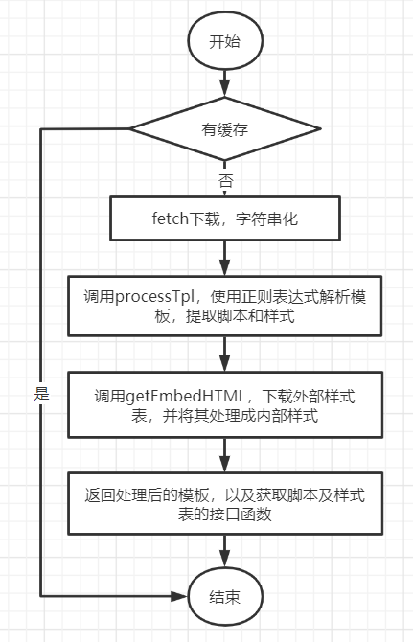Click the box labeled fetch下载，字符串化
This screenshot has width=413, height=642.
225,219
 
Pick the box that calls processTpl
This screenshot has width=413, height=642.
225,307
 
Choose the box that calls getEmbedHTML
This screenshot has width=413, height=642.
225,405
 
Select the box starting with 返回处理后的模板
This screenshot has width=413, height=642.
225,503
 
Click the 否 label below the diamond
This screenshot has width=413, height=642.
225,179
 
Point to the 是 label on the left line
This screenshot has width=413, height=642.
41,393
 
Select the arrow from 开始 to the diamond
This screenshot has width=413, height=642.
225,82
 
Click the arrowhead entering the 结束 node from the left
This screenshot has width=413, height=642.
179,595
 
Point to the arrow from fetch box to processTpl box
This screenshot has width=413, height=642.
225,259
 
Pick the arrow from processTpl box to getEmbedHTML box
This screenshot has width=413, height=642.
225,355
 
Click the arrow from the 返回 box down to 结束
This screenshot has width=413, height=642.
225,550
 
